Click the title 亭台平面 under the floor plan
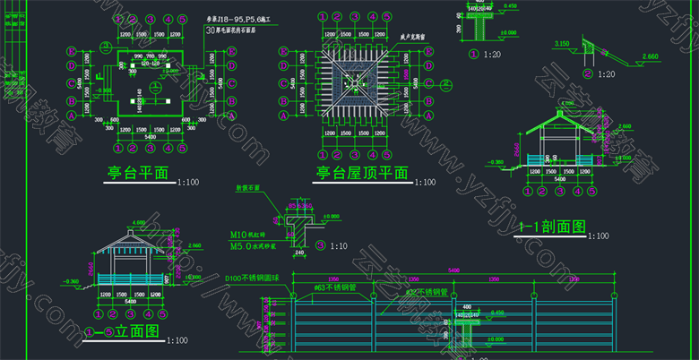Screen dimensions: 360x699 tap(142, 172)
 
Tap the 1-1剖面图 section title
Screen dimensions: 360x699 tap(550, 227)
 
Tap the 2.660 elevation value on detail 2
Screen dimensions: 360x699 tap(651, 56)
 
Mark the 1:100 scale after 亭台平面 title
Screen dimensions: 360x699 tap(188, 183)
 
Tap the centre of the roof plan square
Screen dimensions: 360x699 tap(356, 84)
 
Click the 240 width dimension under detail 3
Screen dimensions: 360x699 tap(298, 252)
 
